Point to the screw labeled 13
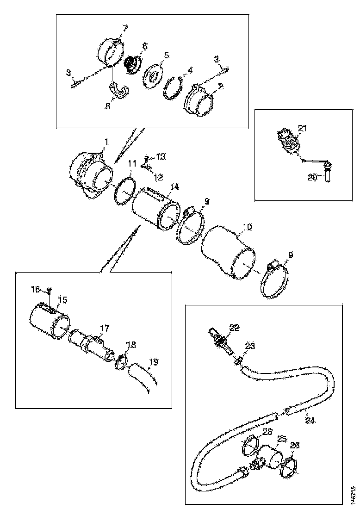click(x=147, y=159)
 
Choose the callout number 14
click(x=174, y=187)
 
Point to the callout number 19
click(x=152, y=362)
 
